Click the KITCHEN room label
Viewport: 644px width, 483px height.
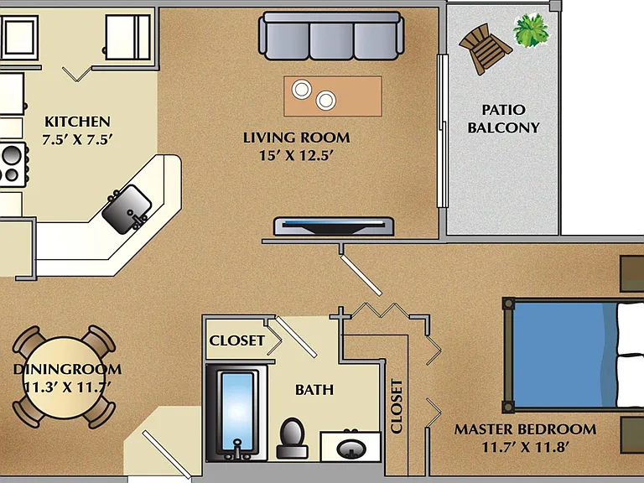tap(77, 122)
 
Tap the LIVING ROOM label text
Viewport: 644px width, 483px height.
tap(297, 138)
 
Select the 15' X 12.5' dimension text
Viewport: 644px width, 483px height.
tap(296, 156)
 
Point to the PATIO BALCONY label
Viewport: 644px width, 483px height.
tap(503, 119)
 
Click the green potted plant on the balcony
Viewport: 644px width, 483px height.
tap(531, 29)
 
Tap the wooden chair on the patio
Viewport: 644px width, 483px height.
tap(485, 49)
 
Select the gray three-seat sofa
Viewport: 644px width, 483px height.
tap(331, 36)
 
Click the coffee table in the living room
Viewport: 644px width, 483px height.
tap(333, 96)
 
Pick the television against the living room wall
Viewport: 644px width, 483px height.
tap(334, 226)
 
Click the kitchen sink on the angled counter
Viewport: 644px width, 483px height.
tap(127, 209)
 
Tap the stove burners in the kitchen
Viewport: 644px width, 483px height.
tap(13, 164)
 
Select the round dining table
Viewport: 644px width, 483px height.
tap(65, 377)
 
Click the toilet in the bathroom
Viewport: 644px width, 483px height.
tap(292, 439)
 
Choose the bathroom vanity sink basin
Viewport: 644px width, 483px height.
tap(351, 449)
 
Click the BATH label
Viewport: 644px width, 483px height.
tap(314, 390)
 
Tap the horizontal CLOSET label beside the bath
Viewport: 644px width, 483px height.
tap(237, 340)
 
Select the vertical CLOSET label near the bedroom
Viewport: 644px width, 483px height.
tap(397, 406)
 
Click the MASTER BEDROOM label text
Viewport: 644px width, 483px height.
tap(525, 429)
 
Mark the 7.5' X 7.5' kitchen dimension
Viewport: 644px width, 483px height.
tap(77, 140)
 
